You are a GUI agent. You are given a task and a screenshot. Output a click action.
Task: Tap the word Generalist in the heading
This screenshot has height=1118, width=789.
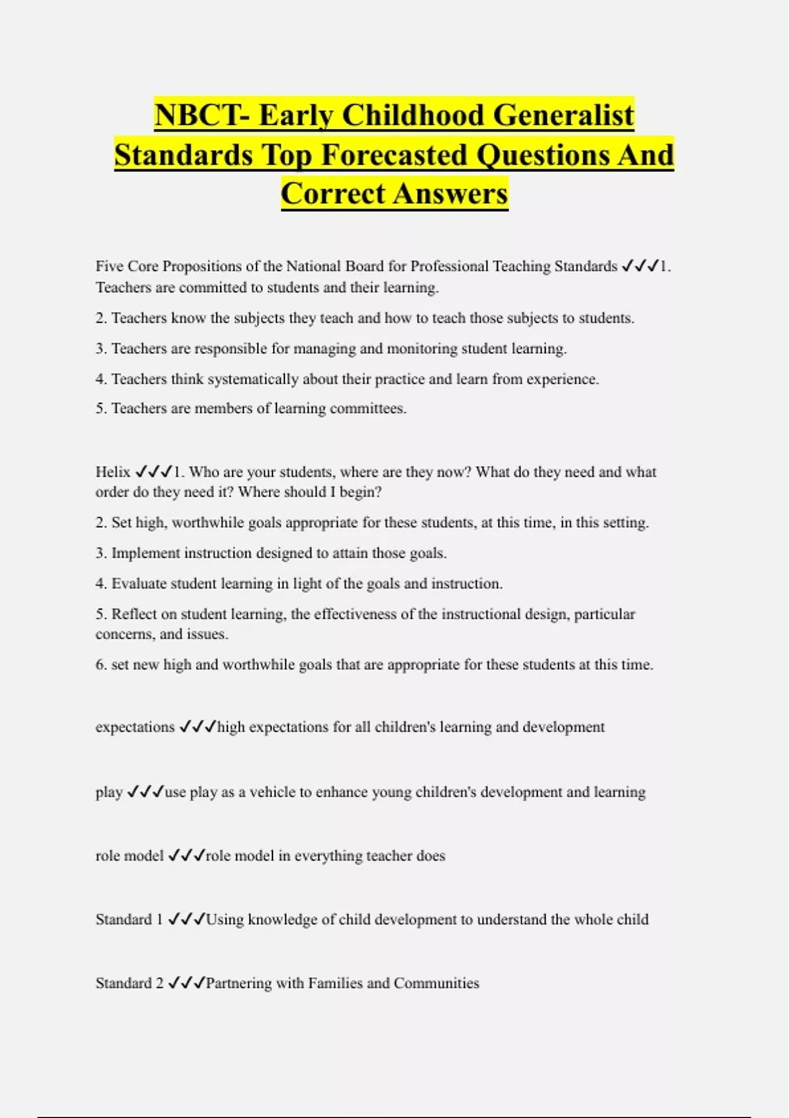[x=563, y=115]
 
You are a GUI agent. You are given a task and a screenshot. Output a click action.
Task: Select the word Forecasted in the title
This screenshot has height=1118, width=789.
[x=395, y=155]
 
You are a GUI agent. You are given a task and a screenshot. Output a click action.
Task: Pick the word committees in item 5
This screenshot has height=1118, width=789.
[x=368, y=408]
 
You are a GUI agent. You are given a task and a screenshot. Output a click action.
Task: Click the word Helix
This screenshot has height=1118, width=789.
[x=113, y=472]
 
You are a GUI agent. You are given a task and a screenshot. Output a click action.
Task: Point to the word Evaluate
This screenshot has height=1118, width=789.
[x=139, y=584]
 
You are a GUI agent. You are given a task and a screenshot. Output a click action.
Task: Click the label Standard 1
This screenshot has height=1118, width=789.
[x=129, y=919]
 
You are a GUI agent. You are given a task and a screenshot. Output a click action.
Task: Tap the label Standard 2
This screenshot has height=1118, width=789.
[x=130, y=983]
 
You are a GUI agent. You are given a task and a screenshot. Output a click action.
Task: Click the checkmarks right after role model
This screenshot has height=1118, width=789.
[x=187, y=856]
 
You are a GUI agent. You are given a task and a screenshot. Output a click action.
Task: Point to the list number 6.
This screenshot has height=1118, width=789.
[x=101, y=665]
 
